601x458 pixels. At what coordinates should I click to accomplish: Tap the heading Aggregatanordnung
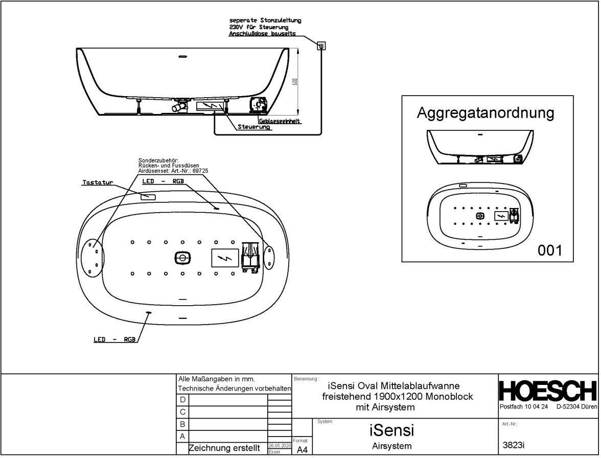(485, 112)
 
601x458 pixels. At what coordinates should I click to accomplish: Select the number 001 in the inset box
(550, 250)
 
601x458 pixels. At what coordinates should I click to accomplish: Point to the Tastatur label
(98, 182)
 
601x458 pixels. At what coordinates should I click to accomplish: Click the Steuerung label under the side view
(254, 127)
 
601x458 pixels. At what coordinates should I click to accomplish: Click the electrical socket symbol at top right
(321, 45)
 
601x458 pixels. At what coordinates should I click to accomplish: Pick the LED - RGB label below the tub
(115, 339)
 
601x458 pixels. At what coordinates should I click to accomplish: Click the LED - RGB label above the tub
(162, 182)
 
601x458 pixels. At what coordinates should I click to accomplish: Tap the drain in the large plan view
(182, 258)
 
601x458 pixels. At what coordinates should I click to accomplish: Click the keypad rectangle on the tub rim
(148, 196)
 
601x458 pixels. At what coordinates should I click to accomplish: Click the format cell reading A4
(302, 449)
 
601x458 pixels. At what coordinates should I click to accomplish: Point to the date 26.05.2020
(280, 446)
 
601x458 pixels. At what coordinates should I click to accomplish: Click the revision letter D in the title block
(182, 399)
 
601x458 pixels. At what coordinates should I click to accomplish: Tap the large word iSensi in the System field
(391, 430)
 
